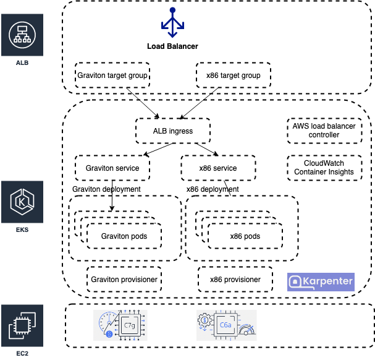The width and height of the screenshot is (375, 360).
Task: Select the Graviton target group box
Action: (112, 75)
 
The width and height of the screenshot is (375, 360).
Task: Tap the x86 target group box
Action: (233, 75)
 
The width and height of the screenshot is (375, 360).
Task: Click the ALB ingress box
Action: (172, 131)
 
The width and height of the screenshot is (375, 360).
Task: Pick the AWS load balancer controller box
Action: (324, 130)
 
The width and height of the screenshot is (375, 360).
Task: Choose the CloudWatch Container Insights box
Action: (324, 167)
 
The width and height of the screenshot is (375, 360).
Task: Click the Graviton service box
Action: (112, 168)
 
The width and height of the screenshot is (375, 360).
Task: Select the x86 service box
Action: (217, 168)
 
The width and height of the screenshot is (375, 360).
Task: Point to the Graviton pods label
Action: (124, 236)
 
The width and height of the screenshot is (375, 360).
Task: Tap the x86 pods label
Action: (245, 236)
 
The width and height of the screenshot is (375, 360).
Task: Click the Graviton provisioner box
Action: (124, 279)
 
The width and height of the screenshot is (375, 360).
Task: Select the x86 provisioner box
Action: (235, 279)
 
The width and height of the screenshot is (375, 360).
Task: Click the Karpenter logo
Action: (321, 281)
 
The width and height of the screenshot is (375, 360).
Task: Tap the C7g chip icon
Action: (130, 325)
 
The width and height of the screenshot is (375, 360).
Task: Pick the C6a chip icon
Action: (225, 325)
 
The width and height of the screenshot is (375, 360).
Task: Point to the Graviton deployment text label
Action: (106, 189)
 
